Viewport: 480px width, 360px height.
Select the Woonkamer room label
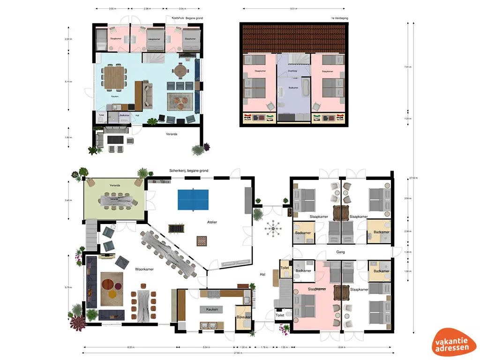click(145, 270)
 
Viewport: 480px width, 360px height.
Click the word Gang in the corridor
click(341, 252)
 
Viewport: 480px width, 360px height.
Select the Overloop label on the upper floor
click(293, 71)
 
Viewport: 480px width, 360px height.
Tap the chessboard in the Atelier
click(201, 240)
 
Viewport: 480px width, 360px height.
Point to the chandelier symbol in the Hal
click(272, 228)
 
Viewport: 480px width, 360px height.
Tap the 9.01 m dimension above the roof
click(294, 8)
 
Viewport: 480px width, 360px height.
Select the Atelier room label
click(214, 222)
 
